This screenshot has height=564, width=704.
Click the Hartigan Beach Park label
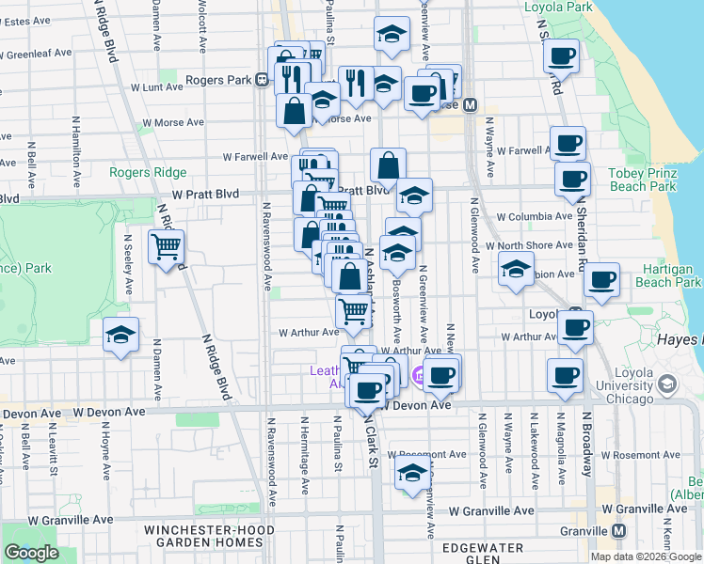point(667,275)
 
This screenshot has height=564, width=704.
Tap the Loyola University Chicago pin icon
point(667,384)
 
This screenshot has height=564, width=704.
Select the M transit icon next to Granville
point(617,530)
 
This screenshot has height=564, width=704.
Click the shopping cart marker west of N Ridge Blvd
point(167,246)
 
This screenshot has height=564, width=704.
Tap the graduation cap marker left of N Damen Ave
point(120,335)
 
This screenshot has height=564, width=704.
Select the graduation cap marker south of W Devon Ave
point(411,476)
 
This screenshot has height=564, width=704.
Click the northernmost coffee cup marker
point(563,55)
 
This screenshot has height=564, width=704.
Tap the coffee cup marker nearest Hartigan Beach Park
point(602,279)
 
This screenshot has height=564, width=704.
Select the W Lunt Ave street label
point(156,86)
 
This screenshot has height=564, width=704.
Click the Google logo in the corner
point(31,553)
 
